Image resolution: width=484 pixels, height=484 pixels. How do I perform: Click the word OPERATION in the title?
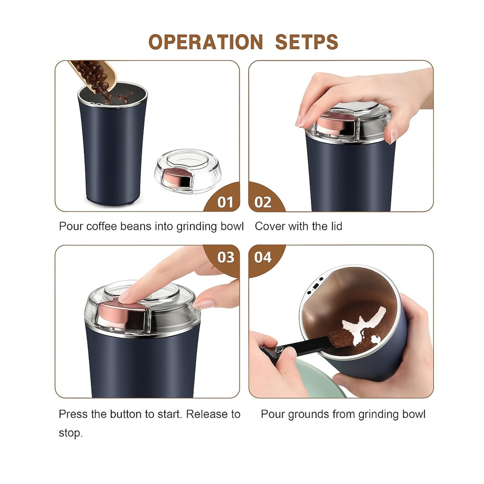(x=205, y=42)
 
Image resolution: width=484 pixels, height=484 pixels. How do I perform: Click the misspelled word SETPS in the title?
(x=307, y=42)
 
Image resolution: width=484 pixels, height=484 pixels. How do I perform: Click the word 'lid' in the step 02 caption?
(x=336, y=226)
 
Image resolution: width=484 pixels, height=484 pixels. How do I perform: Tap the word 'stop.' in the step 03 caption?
(x=71, y=433)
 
